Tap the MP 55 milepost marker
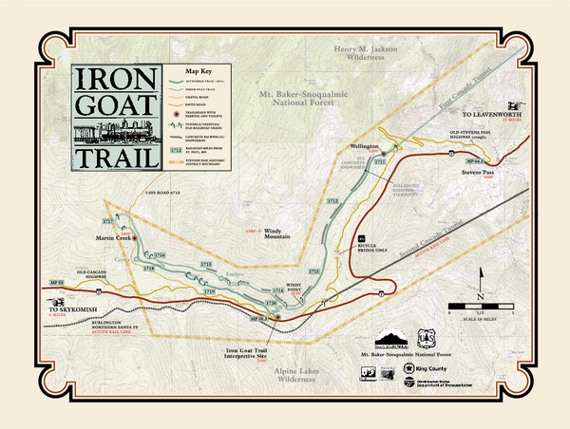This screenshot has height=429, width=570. (x=54, y=282)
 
